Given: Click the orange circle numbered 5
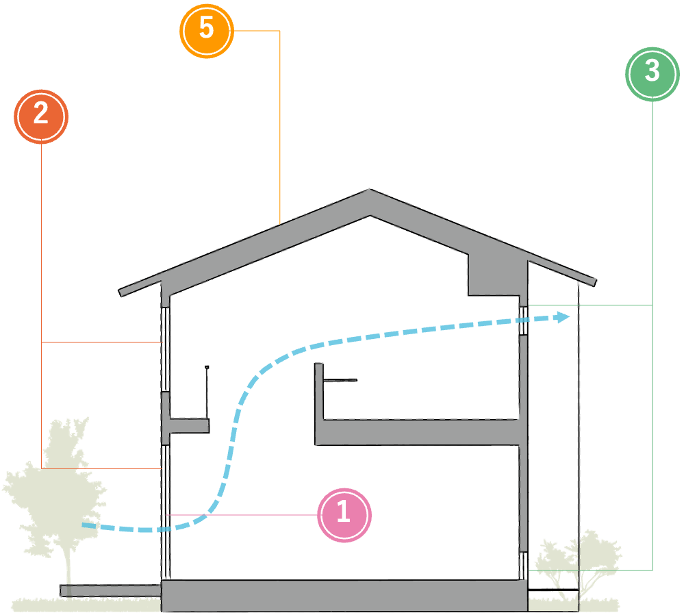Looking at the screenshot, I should point(206,31).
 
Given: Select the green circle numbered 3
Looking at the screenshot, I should point(652,73).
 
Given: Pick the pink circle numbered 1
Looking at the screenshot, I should point(344,514).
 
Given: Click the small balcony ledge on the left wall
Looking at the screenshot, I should point(188,425).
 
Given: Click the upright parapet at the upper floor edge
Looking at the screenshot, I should point(318,390).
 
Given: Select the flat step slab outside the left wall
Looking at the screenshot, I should point(110,590).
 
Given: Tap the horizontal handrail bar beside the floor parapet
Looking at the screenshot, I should point(340,380).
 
